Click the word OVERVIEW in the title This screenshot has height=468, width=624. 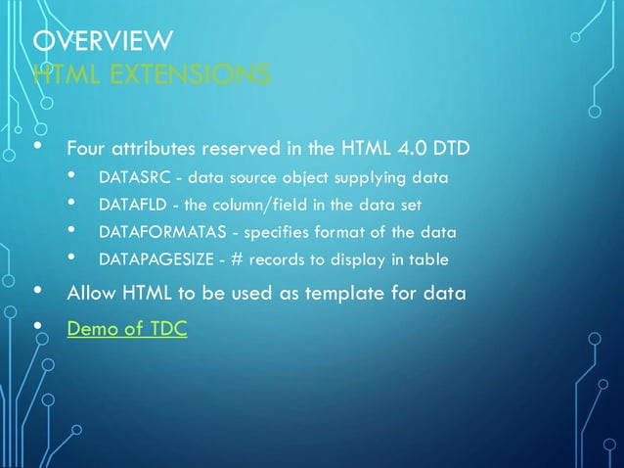(x=103, y=41)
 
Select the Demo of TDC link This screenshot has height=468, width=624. (x=126, y=329)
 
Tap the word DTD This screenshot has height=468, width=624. (x=451, y=150)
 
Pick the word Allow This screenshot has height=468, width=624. (x=90, y=294)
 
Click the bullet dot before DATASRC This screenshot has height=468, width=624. (x=71, y=176)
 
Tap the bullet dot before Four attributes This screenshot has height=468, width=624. (x=38, y=147)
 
